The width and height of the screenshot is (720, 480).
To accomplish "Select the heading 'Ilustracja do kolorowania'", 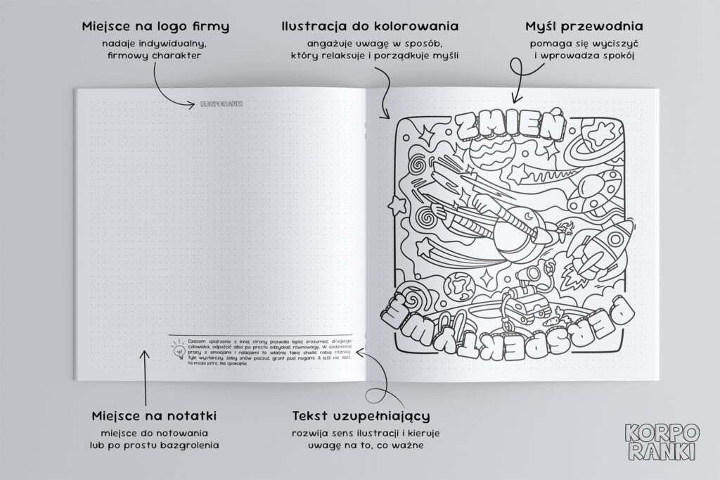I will click(x=370, y=27).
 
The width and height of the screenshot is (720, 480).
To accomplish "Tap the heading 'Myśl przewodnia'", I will click(x=584, y=27).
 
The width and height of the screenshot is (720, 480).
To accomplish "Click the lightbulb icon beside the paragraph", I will click(x=177, y=350).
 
